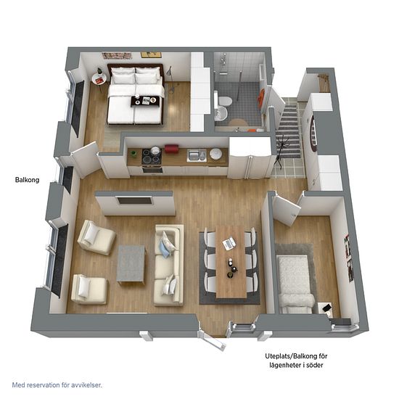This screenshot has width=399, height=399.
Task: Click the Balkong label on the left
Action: click(28, 180)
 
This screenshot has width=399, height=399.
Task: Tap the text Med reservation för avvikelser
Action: click(57, 385)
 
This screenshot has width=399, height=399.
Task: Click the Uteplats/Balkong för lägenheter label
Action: click(296, 361)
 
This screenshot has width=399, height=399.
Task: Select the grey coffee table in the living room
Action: click(131, 264)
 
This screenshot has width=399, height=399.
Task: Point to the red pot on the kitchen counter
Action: click(171, 148)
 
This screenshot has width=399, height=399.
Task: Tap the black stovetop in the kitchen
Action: click(152, 156)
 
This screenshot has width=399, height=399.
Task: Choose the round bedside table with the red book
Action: click(99, 77)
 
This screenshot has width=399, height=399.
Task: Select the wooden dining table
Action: click(231, 262)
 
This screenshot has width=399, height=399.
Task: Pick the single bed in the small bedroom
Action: click(295, 284)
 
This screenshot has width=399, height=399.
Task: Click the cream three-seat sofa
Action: click(169, 265)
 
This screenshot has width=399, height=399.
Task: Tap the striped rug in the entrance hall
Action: click(289, 131)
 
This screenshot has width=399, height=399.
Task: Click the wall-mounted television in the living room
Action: click(135, 200)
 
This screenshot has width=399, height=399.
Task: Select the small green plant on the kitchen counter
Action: click(133, 154)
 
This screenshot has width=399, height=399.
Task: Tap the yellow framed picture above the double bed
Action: click(151, 54)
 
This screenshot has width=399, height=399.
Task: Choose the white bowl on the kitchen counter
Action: click(215, 154)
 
